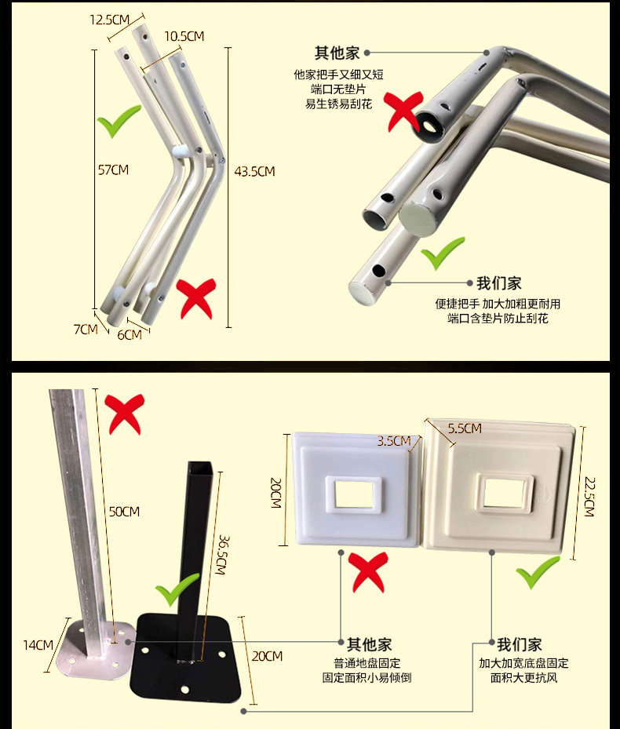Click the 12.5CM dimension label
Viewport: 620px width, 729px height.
109,20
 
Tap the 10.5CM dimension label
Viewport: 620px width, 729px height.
184,36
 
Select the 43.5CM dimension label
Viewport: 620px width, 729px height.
255,171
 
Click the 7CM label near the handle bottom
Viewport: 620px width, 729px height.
86,330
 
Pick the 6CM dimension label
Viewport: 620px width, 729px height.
129,335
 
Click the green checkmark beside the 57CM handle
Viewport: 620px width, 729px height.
119,124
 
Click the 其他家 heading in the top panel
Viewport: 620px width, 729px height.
337,53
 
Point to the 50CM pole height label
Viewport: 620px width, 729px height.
124,512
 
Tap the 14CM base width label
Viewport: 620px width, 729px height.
38,645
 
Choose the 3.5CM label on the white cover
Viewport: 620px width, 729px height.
394,440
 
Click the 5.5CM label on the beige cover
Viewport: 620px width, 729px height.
463,429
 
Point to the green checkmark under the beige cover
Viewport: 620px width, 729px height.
538,571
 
